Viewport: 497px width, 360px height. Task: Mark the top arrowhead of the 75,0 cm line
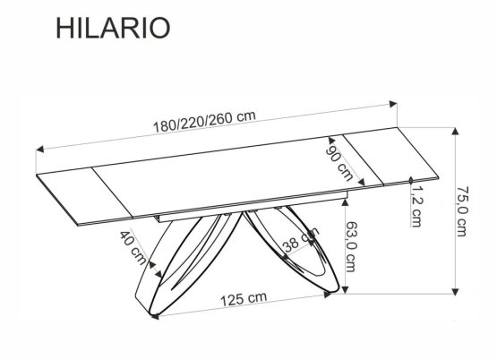pyautogui.click(x=455, y=128)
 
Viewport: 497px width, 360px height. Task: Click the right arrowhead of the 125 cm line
pyautogui.click(x=338, y=289)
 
